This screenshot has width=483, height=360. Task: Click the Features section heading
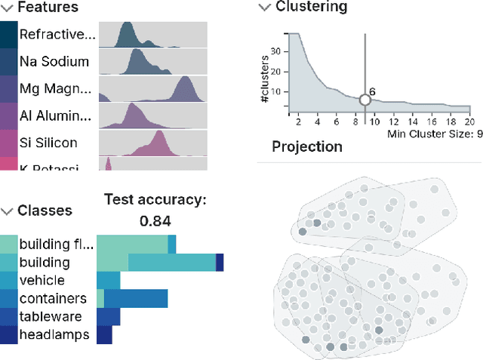[47, 8]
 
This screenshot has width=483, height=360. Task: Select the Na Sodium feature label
[54, 62]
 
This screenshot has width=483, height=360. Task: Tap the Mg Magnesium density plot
[153, 89]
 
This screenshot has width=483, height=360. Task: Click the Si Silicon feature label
[48, 143]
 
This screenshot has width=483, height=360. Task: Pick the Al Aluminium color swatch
[8, 116]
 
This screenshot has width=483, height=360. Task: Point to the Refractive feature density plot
[153, 35]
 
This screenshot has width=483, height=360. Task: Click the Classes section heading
[45, 211]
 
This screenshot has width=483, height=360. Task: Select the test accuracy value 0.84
[154, 221]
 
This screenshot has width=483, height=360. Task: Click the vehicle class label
[43, 280]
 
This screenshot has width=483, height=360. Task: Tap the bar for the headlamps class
[104, 334]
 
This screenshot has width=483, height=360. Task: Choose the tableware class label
[51, 316]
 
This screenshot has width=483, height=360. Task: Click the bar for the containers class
[131, 298]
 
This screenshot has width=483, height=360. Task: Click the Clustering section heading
[311, 8]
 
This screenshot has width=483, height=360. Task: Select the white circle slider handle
[365, 100]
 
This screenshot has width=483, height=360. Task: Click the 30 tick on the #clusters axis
[276, 51]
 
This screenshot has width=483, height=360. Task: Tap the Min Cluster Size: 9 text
[435, 134]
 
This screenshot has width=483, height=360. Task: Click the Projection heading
[306, 146]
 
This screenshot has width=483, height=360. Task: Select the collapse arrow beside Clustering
[264, 8]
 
